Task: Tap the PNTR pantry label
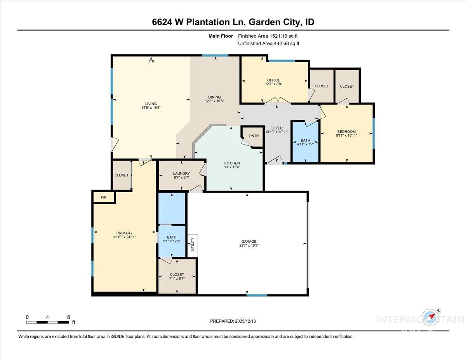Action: coord(254,136)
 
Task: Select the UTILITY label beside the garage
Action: coord(192,245)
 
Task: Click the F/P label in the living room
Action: coord(151,61)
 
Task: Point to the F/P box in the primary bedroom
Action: coord(104,197)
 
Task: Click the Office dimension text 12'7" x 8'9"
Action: coord(273,84)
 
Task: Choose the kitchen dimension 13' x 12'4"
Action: coord(232,167)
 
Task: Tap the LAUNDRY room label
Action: coord(182,174)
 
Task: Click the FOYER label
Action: coord(276,128)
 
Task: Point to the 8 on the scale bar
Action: coord(68,317)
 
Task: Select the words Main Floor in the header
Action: coord(221,36)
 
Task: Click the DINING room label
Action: coord(214,97)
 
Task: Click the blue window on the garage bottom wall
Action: coord(257,295)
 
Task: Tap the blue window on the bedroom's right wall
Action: coord(374,133)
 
